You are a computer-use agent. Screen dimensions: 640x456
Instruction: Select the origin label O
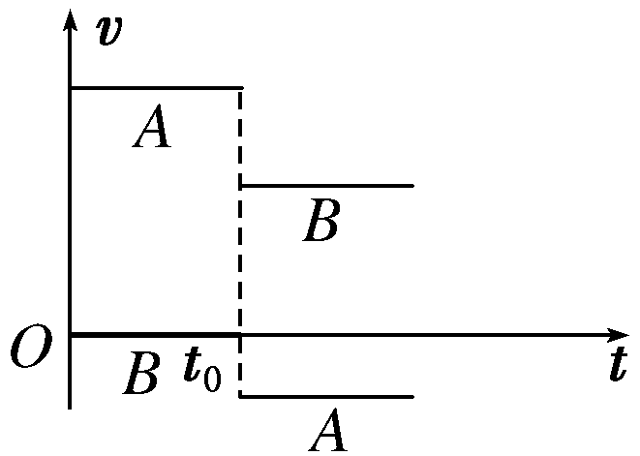pyautogui.click(x=29, y=350)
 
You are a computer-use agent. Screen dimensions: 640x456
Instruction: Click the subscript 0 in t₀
pyautogui.click(x=213, y=378)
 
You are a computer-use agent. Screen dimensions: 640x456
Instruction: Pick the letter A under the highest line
pyautogui.click(x=153, y=129)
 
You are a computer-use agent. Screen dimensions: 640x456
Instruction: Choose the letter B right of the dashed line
pyautogui.click(x=320, y=222)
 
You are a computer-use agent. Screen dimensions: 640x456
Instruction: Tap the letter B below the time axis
pyautogui.click(x=141, y=374)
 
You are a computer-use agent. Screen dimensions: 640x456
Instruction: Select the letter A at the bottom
pyautogui.click(x=329, y=430)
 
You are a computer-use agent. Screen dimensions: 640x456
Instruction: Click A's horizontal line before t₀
pyautogui.click(x=155, y=88)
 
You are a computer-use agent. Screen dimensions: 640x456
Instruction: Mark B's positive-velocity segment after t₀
pyautogui.click(x=326, y=185)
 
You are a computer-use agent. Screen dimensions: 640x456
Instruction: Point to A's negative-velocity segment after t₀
pyautogui.click(x=326, y=396)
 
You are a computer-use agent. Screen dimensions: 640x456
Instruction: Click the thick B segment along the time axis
pyautogui.click(x=155, y=334)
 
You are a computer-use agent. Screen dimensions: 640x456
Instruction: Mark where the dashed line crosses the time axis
pyautogui.click(x=240, y=335)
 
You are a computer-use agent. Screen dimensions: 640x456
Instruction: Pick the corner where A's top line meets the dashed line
pyautogui.click(x=240, y=88)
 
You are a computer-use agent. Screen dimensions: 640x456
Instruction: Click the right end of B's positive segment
pyautogui.click(x=412, y=185)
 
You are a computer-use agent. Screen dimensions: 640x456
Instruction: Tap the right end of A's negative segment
pyautogui.click(x=412, y=396)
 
